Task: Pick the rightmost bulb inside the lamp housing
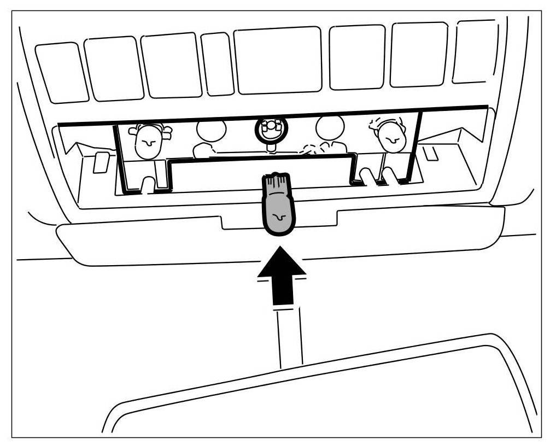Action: [390, 137]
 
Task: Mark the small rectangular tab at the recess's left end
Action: [101, 162]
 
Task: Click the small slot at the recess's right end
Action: [431, 153]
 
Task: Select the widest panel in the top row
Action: [278, 61]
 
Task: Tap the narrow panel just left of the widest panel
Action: [217, 65]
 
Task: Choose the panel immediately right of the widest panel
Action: [357, 57]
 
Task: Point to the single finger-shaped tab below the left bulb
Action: [147, 184]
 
